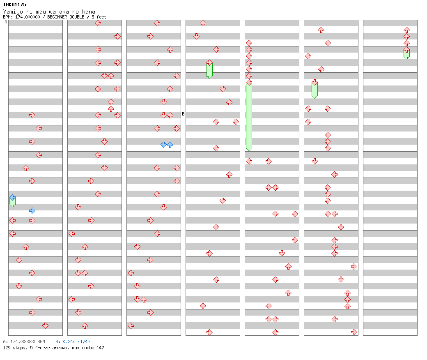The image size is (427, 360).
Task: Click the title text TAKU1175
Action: [14, 5]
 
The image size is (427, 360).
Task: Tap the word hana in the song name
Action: [89, 12]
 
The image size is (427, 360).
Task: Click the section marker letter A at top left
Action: [6, 22]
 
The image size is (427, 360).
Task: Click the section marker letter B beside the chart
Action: [183, 114]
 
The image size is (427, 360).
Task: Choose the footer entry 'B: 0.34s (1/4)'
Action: [73, 342]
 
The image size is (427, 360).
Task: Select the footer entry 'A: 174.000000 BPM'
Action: [24, 342]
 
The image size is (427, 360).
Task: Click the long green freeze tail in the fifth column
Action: [249, 117]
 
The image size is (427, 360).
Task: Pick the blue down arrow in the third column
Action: [163, 145]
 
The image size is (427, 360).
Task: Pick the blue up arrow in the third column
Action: [170, 145]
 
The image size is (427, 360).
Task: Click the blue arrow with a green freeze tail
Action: [12, 198]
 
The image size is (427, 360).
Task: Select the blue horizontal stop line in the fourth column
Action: [213, 112]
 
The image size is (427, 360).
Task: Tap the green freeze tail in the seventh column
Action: [406, 54]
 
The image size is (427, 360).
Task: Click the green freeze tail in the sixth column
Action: [315, 90]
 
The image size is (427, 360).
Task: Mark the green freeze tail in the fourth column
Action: [209, 71]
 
